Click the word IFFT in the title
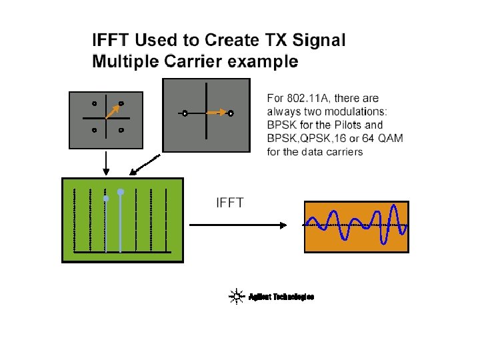(112, 40)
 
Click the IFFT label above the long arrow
(229, 202)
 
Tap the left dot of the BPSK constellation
(185, 113)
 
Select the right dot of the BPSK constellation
(231, 113)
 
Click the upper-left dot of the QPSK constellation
(95, 103)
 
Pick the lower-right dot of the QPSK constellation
(121, 130)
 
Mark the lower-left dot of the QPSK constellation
(95, 130)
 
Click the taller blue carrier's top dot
(121, 192)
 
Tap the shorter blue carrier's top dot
(105, 199)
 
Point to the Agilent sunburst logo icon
(235, 297)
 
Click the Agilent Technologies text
(281, 297)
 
